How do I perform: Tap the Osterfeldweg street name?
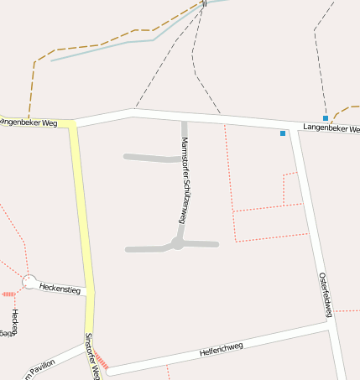[326, 294]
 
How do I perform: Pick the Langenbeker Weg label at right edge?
[331, 128]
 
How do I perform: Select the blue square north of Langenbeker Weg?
[326, 118]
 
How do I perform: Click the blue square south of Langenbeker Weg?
[283, 133]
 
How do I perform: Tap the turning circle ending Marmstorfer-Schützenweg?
[177, 244]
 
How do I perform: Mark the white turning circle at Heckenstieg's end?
[29, 283]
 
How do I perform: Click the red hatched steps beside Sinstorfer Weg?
[101, 359]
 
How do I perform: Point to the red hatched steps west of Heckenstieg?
[8, 294]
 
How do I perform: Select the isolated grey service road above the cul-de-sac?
[149, 157]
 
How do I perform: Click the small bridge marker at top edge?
[204, 4]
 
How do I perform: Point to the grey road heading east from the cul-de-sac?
[201, 244]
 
